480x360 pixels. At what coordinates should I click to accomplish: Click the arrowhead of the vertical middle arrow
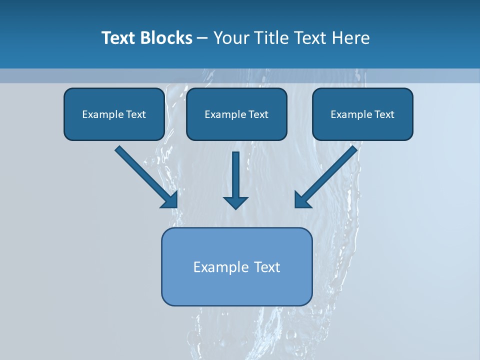coord(235,202)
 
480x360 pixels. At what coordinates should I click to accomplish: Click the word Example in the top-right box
coord(351,114)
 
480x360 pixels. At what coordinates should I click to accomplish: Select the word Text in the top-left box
coord(136,114)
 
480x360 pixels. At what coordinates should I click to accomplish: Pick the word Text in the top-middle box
coord(258,114)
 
